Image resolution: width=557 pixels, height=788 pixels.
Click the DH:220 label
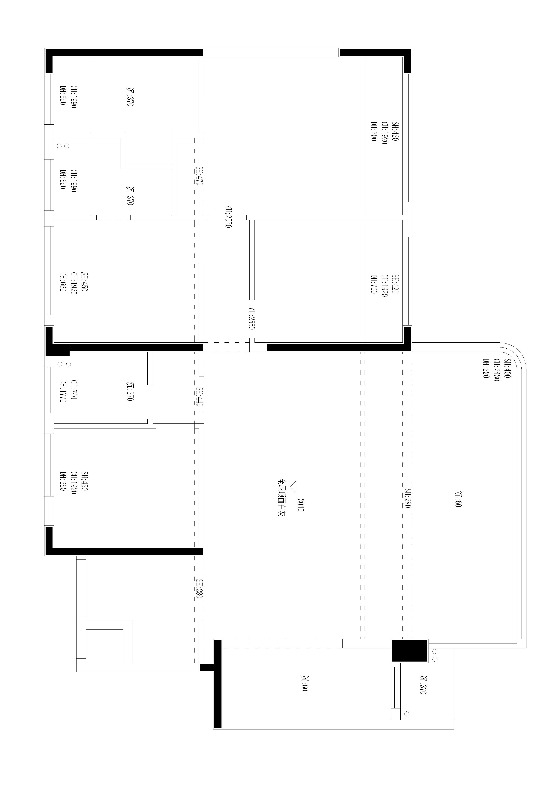point(486,369)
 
